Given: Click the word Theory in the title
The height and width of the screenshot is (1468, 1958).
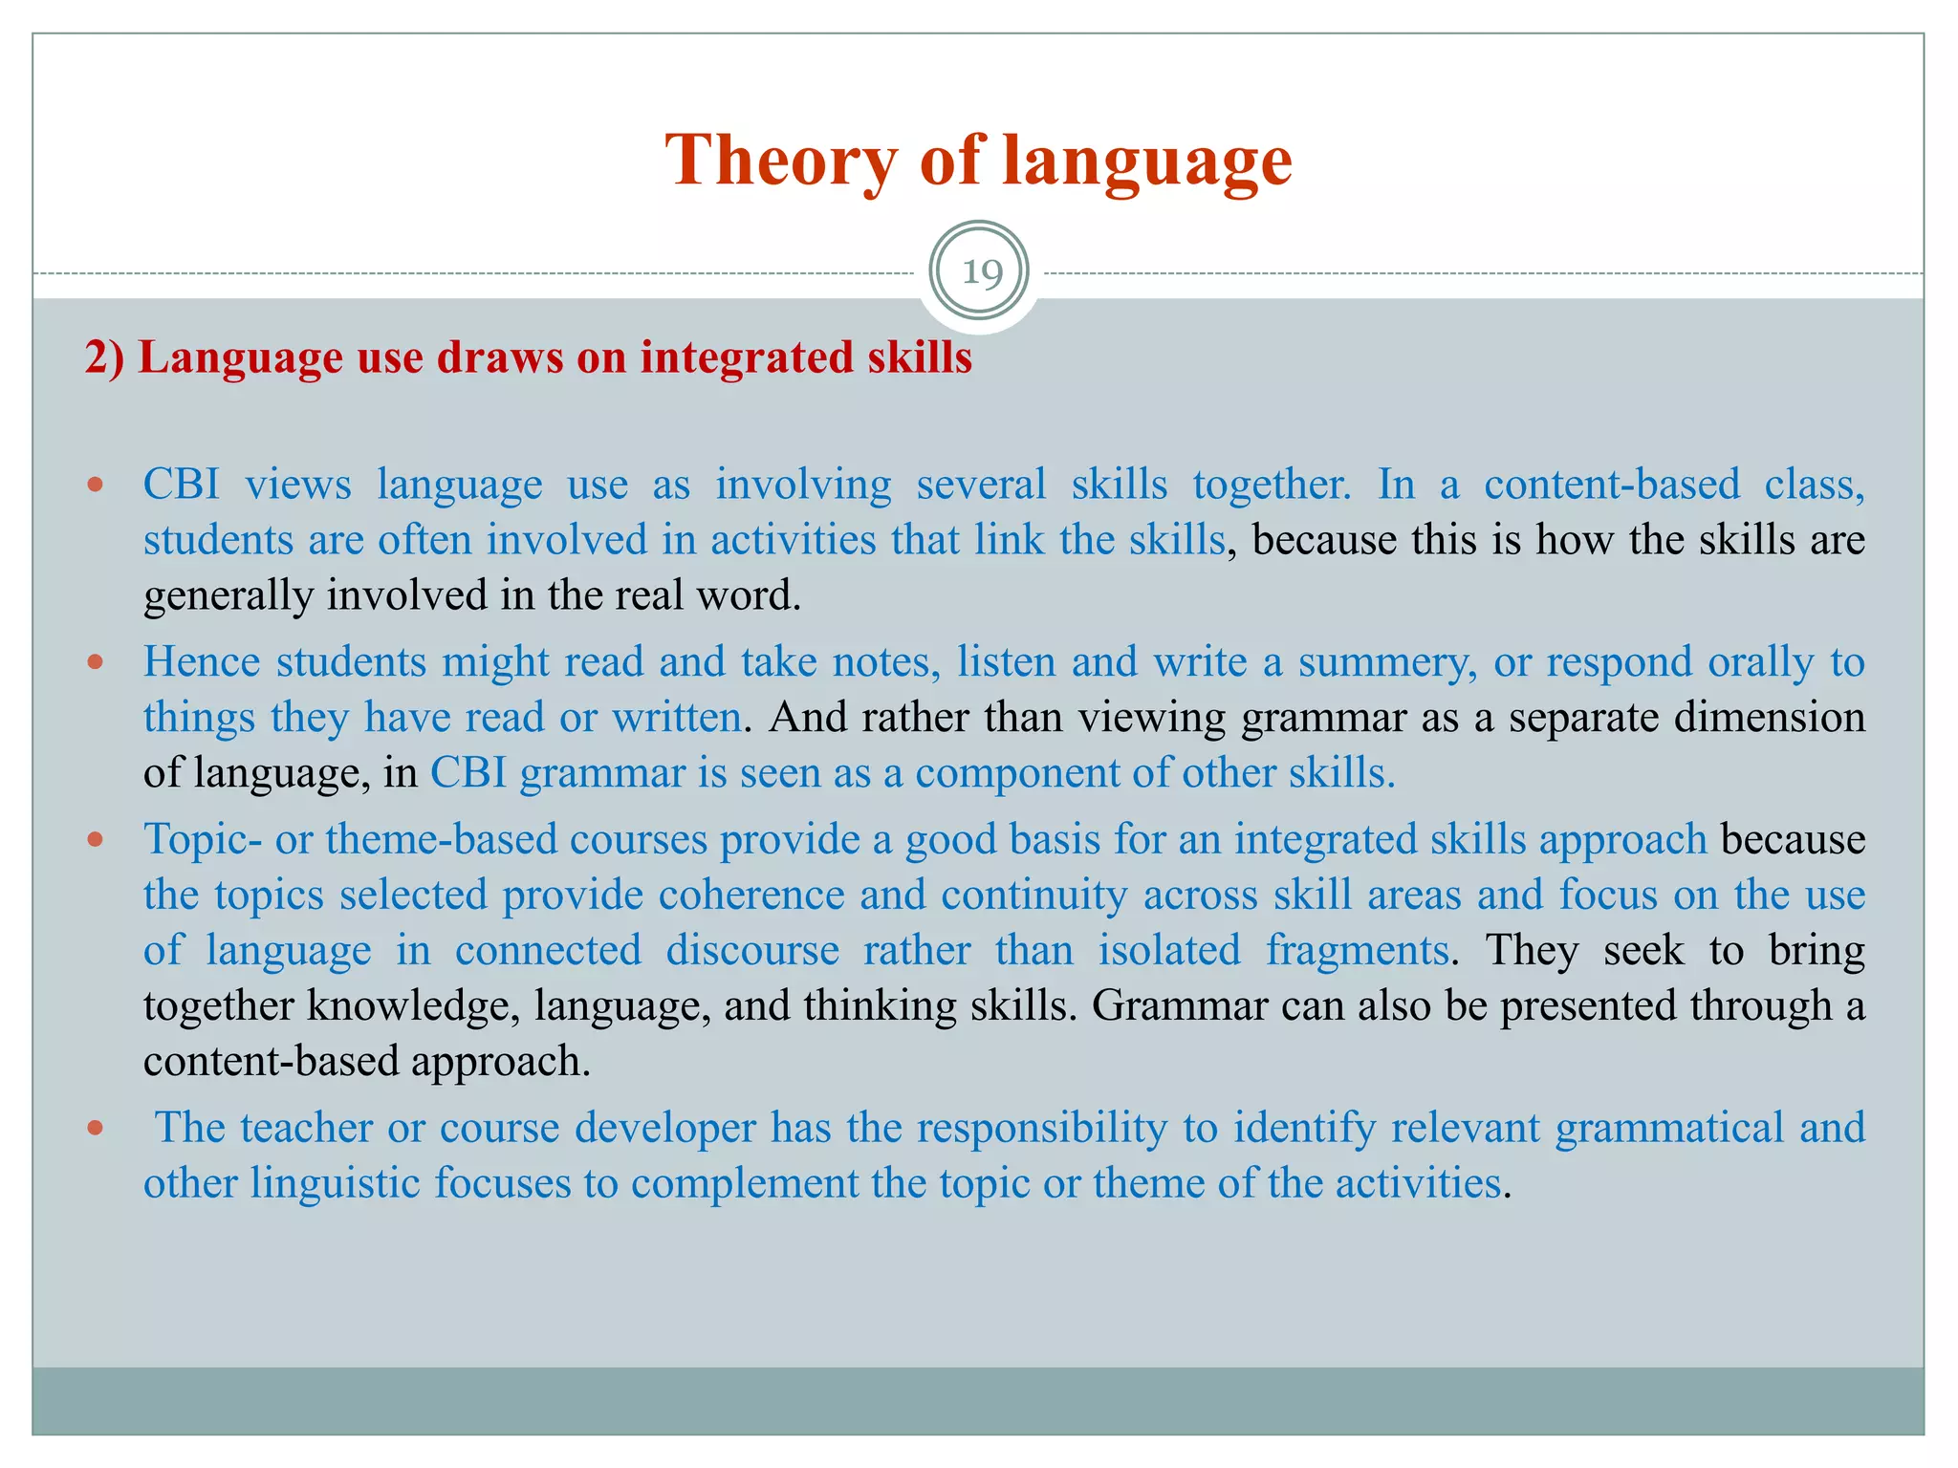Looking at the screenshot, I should click(780, 161).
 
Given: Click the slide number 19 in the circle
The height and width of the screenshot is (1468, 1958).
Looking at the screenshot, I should click(981, 273).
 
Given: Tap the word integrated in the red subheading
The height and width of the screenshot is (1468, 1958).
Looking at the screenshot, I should click(747, 357).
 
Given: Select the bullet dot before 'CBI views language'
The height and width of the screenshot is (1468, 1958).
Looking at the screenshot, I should click(95, 485).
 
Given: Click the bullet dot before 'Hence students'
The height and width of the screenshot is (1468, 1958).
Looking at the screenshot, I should click(95, 661).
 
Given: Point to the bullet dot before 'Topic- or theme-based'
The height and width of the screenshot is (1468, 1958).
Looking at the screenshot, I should click(95, 839).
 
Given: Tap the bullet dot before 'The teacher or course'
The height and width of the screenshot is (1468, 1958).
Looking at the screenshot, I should click(95, 1128).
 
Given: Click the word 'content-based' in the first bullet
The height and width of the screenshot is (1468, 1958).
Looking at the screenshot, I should click(1611, 485).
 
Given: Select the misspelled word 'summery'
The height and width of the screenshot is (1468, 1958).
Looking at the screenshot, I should click(1381, 662).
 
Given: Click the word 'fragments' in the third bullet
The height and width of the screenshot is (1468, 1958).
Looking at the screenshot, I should click(1358, 951).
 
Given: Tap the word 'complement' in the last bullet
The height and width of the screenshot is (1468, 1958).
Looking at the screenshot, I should click(745, 1183).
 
